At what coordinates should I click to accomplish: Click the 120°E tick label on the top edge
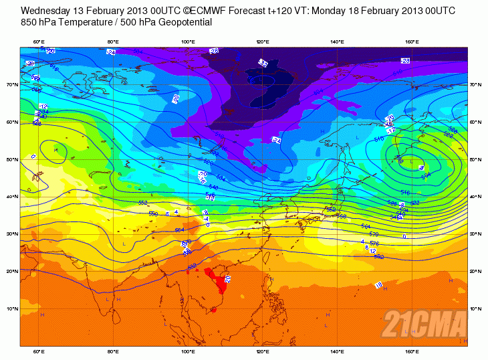point(263,42)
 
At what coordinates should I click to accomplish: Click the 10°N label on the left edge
point(13,309)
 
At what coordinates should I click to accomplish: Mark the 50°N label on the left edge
point(13,160)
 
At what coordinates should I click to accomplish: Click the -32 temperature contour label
point(263,64)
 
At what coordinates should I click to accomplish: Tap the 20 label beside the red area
point(227,278)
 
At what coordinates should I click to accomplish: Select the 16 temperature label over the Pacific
point(378,286)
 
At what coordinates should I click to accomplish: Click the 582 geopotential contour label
point(379,256)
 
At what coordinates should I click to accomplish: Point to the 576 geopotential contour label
point(374,244)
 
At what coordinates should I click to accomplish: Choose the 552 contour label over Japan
point(330,209)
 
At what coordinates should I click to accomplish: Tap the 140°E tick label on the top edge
point(338,42)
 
